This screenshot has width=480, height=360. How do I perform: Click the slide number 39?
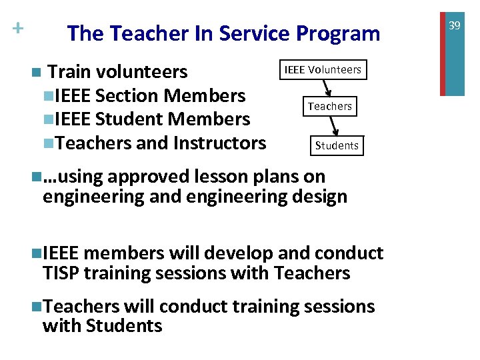click(x=455, y=25)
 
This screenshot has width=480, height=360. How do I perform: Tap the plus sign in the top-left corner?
click(x=17, y=29)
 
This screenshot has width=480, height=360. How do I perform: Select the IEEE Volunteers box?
click(x=323, y=69)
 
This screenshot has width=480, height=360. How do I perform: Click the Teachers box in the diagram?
click(x=329, y=106)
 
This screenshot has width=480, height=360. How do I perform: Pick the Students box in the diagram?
click(x=337, y=145)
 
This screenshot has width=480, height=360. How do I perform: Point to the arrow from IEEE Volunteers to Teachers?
click(x=327, y=87)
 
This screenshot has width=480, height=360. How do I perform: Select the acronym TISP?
click(x=63, y=273)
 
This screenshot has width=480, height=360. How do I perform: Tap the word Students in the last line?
click(x=124, y=326)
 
